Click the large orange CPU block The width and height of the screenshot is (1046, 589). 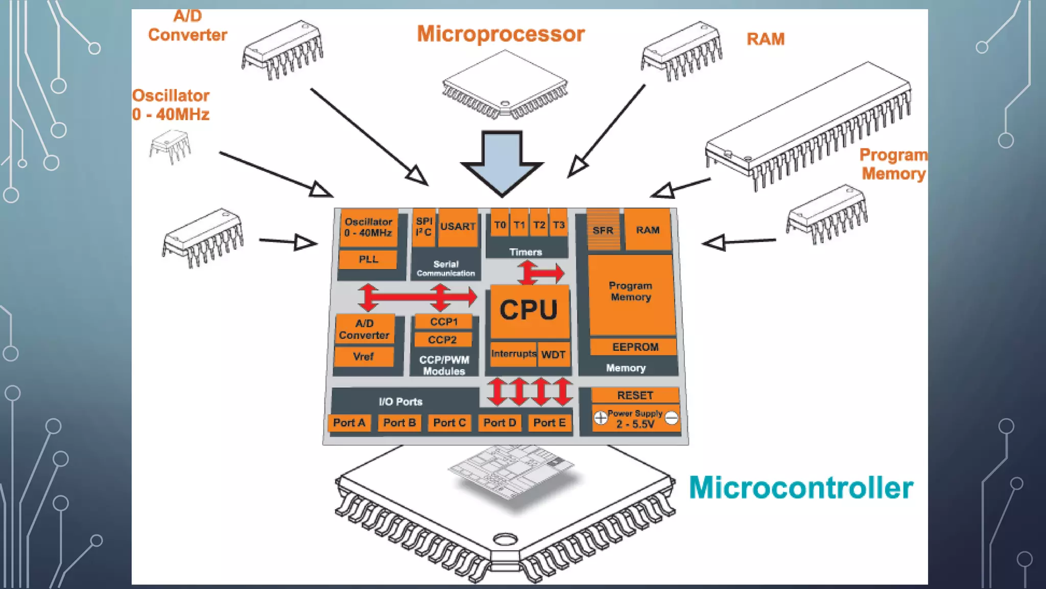tap(529, 311)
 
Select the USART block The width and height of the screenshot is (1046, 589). tap(458, 227)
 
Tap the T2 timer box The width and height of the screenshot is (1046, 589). tap(539, 225)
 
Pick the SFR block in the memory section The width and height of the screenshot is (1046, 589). tap(603, 230)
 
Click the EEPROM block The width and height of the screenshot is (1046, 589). tap(635, 347)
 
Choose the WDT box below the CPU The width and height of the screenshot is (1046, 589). tap(553, 355)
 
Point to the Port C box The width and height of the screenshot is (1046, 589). tap(449, 423)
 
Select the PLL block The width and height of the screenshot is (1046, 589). tap(368, 259)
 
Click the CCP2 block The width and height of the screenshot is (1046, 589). tap(442, 340)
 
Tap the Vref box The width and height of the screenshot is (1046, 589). tap(363, 356)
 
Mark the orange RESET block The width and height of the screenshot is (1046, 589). tap(635, 395)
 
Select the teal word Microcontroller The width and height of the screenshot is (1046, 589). tap(801, 488)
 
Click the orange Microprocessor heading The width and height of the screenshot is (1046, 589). tap(501, 34)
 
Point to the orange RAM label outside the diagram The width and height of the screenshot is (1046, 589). tap(765, 39)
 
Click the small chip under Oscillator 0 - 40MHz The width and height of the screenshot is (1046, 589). tap(170, 146)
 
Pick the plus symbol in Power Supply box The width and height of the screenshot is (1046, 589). tap(601, 418)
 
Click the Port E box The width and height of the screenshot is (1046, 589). tap(549, 423)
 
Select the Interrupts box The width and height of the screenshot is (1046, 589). tap(513, 354)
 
